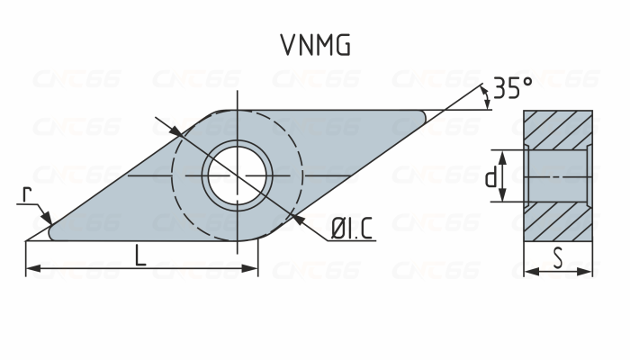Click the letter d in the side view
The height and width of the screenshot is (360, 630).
coord(490,178)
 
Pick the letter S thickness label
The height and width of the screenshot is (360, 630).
coord(558,258)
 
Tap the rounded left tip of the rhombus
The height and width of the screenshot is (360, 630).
coord(52,234)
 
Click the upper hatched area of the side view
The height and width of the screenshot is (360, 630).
coord(558,130)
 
